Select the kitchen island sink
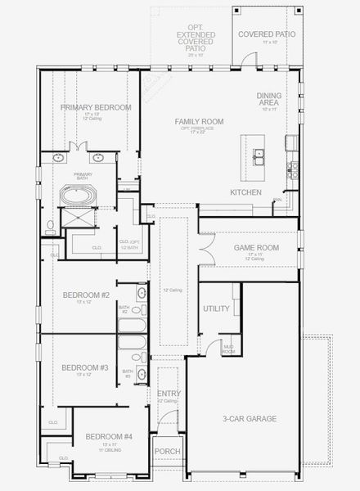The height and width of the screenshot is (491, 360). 259,153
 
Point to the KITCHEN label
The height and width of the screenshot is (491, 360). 245,192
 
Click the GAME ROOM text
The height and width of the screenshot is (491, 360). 257,247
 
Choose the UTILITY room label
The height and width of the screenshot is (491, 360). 216,309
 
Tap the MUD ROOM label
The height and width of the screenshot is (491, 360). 229,349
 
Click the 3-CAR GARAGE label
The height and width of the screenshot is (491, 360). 250,419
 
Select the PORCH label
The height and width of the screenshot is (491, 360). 167,451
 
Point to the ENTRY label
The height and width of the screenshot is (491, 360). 168,394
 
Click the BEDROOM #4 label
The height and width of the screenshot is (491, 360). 109,436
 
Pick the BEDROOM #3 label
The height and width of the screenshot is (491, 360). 85,367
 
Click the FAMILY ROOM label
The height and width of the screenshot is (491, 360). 199,121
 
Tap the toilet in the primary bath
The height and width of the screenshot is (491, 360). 50,224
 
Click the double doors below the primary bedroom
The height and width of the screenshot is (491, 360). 79,146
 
